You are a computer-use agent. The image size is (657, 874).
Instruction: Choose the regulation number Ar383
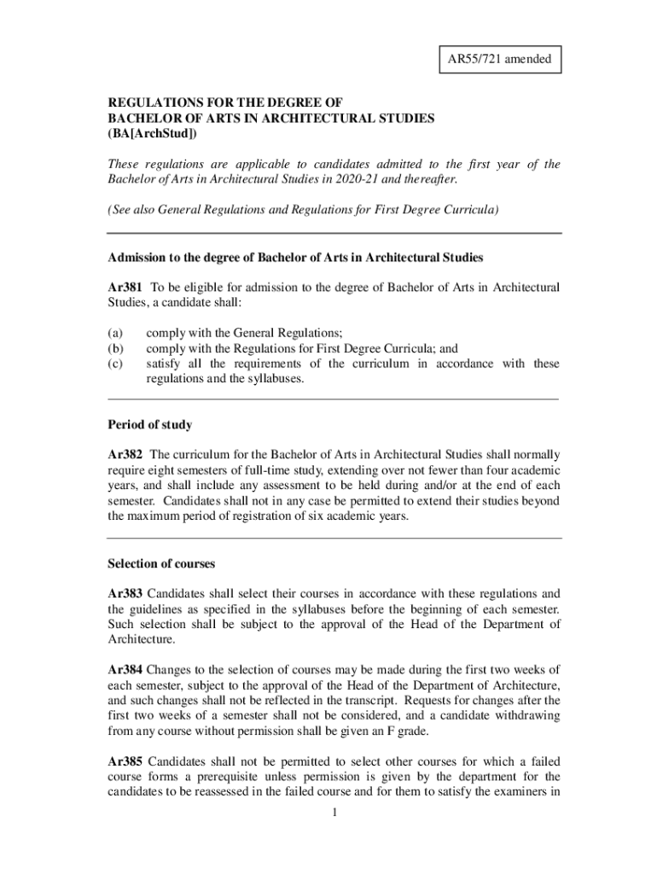click(x=125, y=592)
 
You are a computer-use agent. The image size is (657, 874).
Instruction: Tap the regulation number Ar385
click(x=125, y=761)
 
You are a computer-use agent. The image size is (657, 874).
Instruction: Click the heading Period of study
click(x=150, y=424)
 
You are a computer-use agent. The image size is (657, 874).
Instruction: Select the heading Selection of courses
click(x=161, y=563)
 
